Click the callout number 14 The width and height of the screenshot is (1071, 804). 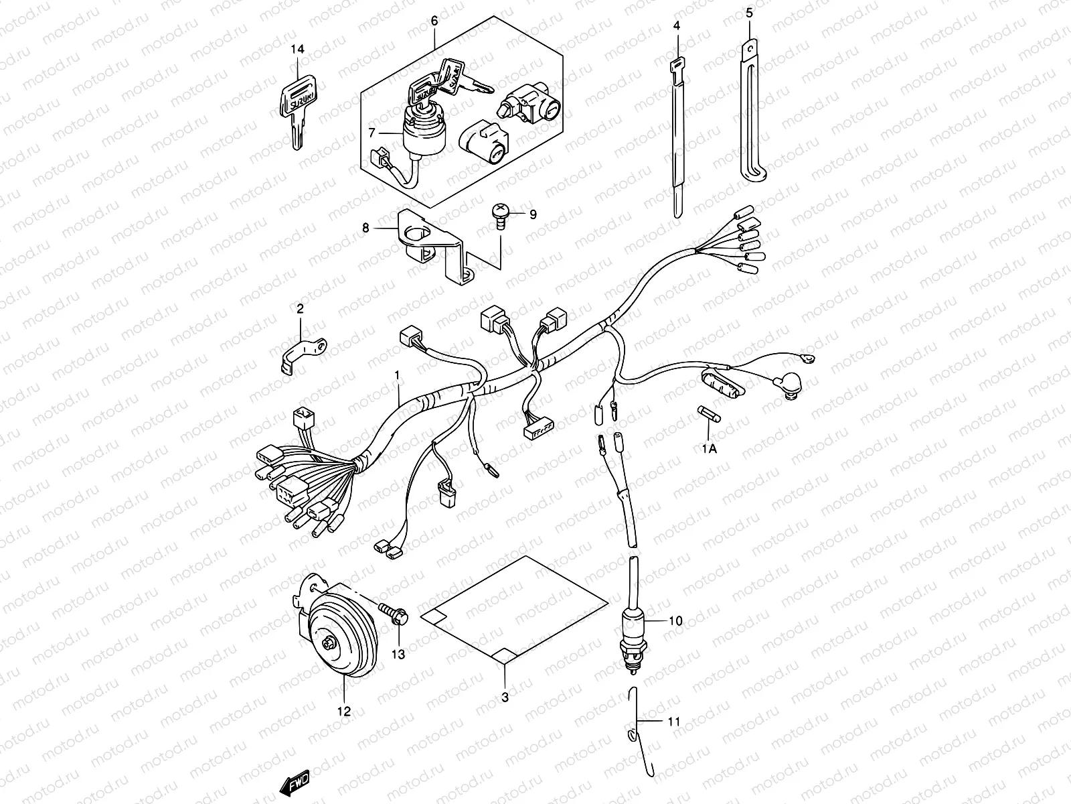297,50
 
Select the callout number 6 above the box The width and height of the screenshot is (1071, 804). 434,21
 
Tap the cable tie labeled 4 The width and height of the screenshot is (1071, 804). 677,127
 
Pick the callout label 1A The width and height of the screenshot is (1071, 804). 709,449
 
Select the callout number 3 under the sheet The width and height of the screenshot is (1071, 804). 505,697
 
